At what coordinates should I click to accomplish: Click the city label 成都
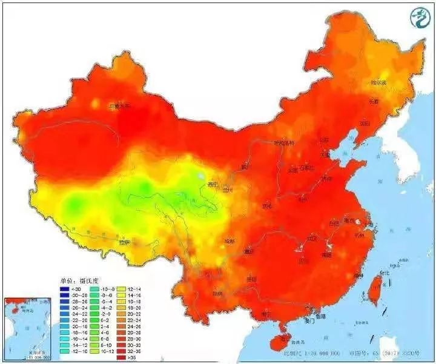click(x=229, y=240)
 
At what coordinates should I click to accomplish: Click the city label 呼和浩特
click(x=283, y=144)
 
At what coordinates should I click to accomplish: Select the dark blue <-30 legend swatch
click(x=65, y=290)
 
